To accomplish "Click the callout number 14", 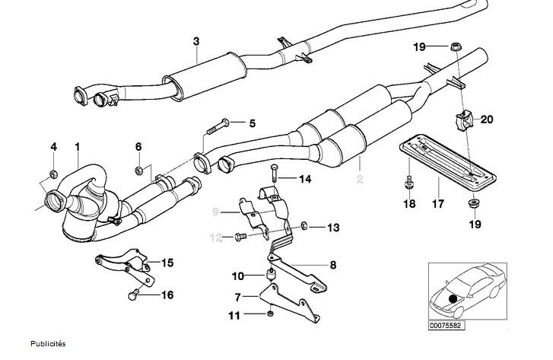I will pyautogui.click(x=305, y=180).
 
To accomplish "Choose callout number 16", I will pyautogui.click(x=167, y=294).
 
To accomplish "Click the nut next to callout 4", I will pyautogui.click(x=53, y=175).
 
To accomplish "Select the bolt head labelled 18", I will pyautogui.click(x=409, y=183).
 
